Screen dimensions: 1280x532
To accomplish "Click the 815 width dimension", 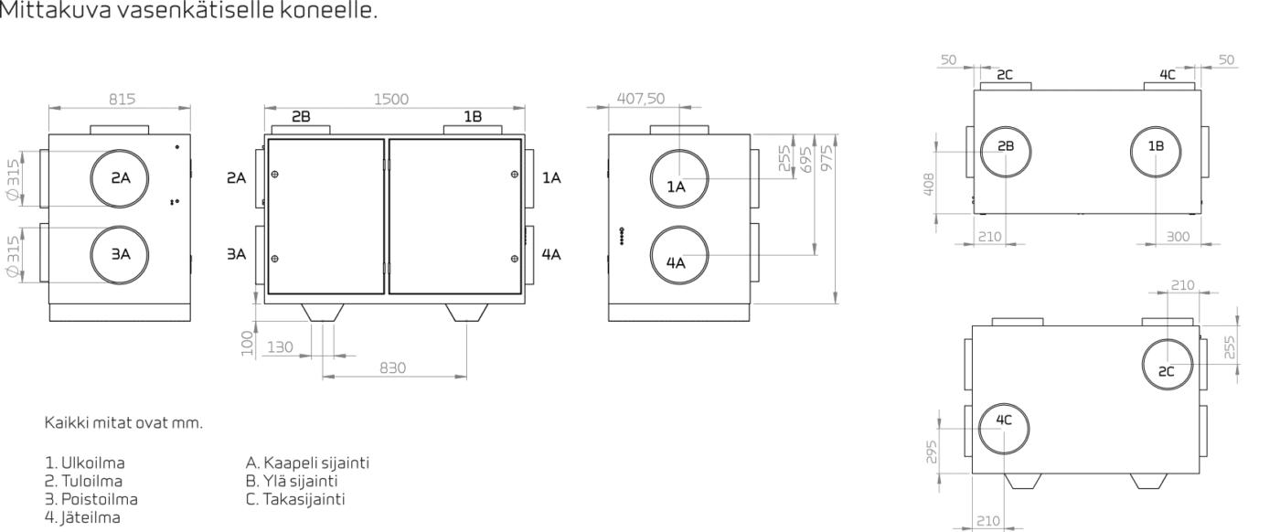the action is click(122, 100).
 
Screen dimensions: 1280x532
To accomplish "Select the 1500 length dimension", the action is click(391, 100).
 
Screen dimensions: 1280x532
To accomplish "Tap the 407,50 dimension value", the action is click(641, 99).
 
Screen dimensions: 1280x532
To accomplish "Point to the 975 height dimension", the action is click(827, 158).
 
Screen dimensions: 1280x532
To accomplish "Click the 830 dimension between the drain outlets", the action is click(392, 367).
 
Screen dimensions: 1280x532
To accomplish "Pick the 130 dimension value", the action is click(280, 346).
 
